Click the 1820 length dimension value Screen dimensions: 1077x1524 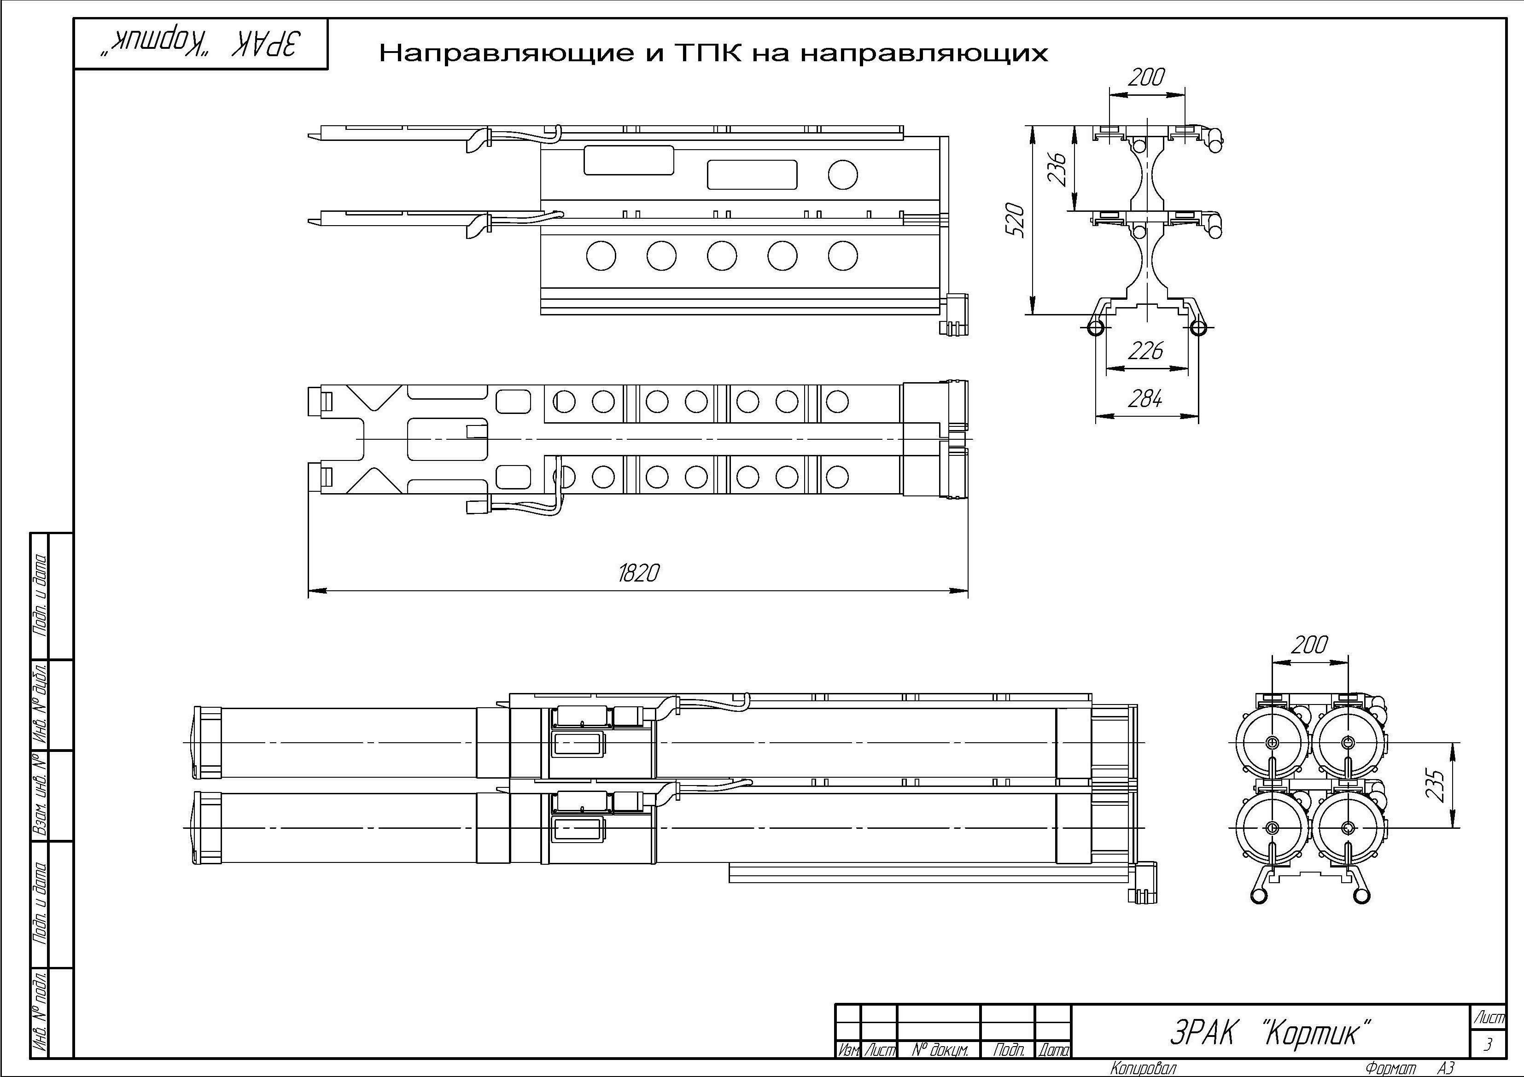[638, 573]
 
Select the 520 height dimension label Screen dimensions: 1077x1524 [1016, 220]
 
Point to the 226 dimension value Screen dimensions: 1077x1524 [1146, 350]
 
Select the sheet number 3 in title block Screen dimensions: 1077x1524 [1488, 1044]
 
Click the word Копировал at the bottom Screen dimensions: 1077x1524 [1143, 1068]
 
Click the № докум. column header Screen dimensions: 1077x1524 [939, 1050]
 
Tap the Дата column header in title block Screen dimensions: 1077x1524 [1053, 1050]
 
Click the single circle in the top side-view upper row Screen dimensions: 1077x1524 [842, 175]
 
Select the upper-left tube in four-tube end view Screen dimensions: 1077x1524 [1272, 742]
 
